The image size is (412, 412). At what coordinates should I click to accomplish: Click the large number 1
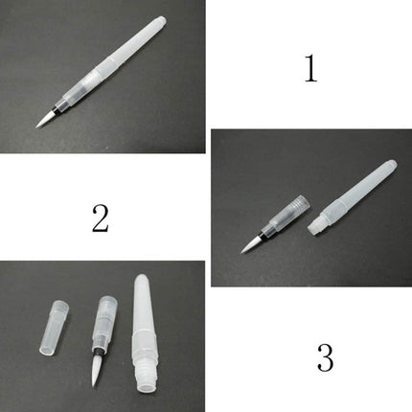pos(310,68)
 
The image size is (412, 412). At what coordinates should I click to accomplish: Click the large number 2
pos(101,218)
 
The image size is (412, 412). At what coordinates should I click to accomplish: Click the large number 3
pos(325,357)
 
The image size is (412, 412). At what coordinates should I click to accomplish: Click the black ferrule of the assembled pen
pos(57,108)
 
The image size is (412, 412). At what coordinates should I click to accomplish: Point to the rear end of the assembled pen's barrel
pos(162,22)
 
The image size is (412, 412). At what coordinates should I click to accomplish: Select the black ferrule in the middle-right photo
pos(262,235)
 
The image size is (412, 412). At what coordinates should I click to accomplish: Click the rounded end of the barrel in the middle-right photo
pos(392,165)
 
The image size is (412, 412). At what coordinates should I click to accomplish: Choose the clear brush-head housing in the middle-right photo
pos(286,214)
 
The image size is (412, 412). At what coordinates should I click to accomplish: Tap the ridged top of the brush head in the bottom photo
pos(108,303)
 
